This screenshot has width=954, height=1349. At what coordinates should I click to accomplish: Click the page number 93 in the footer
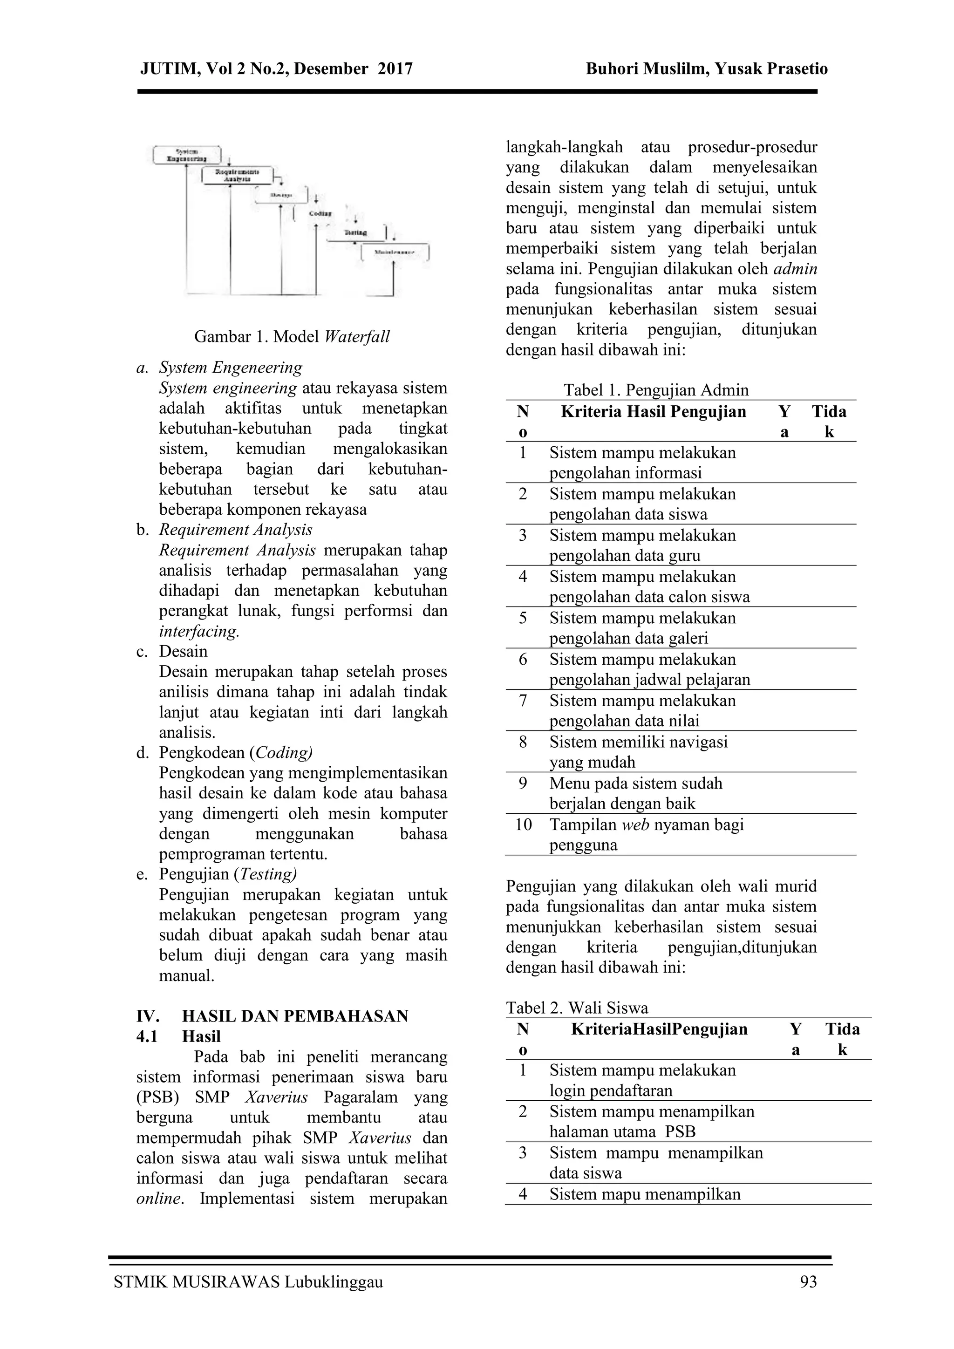pos(808,1282)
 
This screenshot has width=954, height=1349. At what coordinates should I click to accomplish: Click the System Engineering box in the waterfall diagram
pos(187,155)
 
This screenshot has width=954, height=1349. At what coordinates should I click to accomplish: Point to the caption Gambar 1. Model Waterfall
pos(292,337)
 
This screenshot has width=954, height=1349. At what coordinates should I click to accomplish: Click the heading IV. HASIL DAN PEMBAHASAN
pos(272,1016)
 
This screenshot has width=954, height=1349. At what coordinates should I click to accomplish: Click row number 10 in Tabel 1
pos(524,824)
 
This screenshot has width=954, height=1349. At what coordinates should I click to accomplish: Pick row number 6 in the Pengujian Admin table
pos(523,659)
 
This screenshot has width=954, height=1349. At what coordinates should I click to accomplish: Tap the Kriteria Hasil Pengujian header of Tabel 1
pos(653,411)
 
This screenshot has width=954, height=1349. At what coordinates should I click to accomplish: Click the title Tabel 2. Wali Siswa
pos(577,1008)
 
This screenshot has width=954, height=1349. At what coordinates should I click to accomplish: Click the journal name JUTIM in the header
pos(169,69)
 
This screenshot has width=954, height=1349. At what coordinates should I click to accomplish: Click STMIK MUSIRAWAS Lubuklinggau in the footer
pos(248,1282)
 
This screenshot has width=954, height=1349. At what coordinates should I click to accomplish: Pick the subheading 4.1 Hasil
pos(178,1036)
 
